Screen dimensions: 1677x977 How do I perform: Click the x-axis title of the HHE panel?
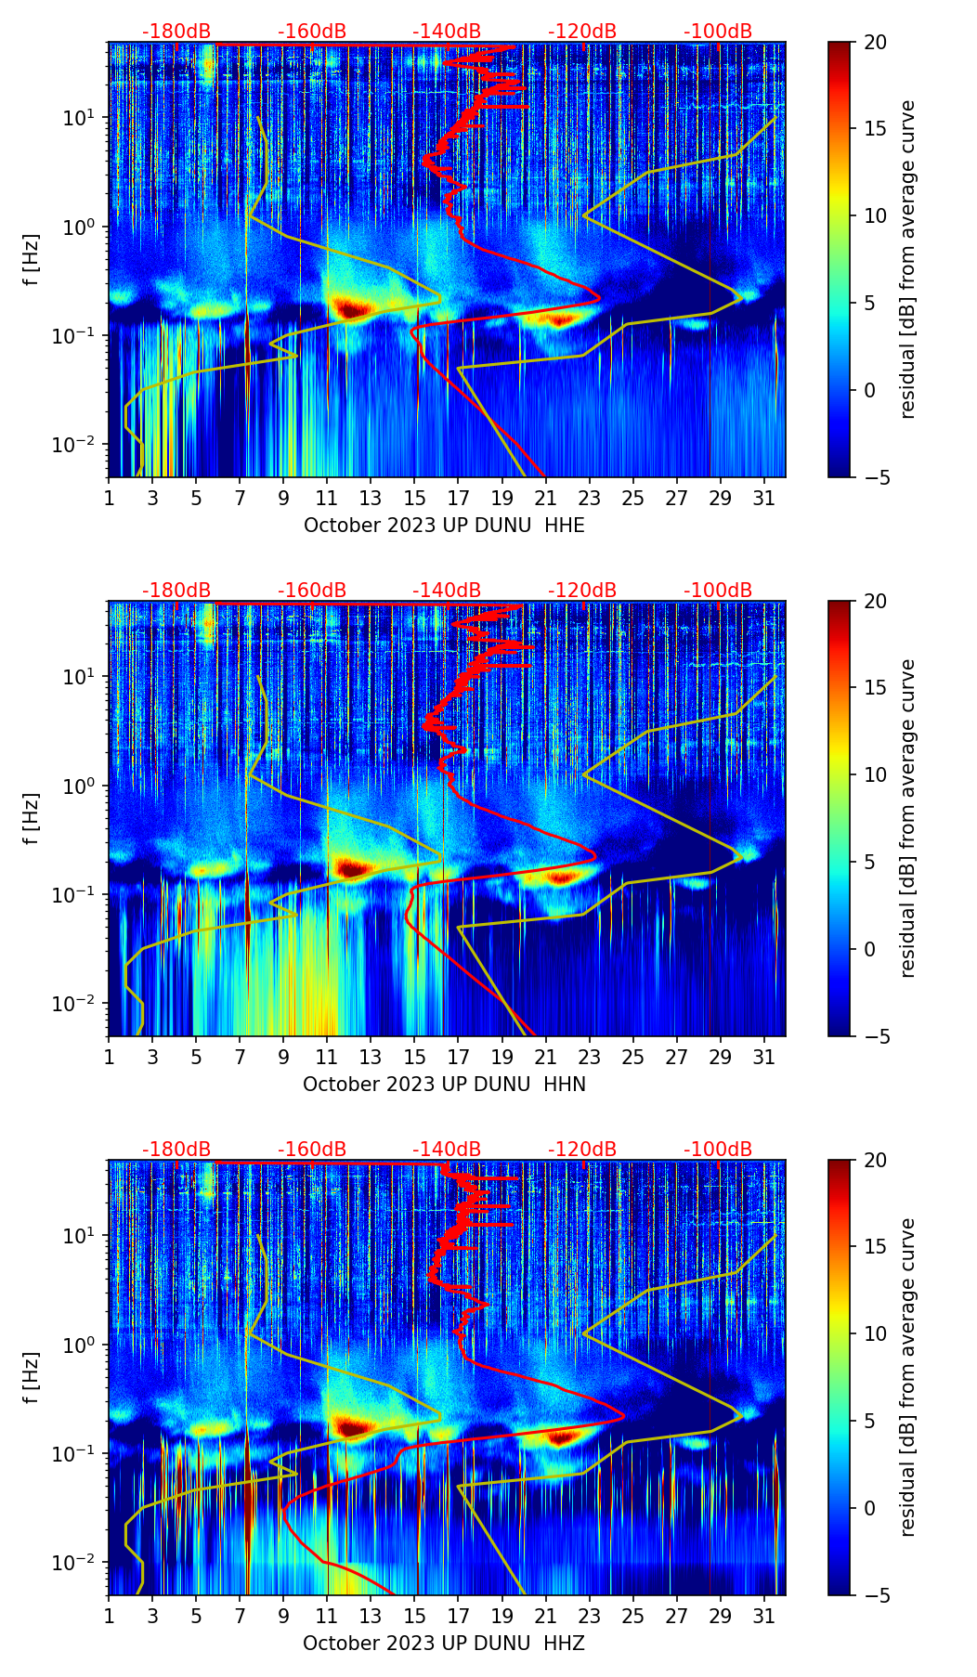[x=444, y=526]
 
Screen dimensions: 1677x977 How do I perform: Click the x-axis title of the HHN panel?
[x=444, y=1085]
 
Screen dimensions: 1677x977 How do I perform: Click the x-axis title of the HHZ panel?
[x=444, y=1644]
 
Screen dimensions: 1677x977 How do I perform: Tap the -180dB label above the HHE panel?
[x=176, y=32]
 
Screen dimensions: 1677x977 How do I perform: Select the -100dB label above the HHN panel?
[x=718, y=591]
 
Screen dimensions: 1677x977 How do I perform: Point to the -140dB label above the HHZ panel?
[x=447, y=1150]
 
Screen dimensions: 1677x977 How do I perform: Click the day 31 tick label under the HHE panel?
[x=764, y=498]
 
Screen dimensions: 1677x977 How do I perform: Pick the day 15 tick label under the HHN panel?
[x=415, y=1057]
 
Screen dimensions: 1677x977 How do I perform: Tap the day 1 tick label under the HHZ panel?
[x=110, y=1616]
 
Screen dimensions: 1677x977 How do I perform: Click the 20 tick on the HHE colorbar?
[x=875, y=43]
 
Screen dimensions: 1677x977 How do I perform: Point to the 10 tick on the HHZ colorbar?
[x=875, y=1334]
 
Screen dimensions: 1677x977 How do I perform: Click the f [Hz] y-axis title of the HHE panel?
[x=32, y=260]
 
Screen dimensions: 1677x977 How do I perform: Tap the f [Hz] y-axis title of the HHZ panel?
[x=32, y=1378]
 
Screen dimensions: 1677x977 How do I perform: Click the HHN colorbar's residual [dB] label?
[x=907, y=818]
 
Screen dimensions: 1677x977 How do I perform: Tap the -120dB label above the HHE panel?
[x=582, y=32]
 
